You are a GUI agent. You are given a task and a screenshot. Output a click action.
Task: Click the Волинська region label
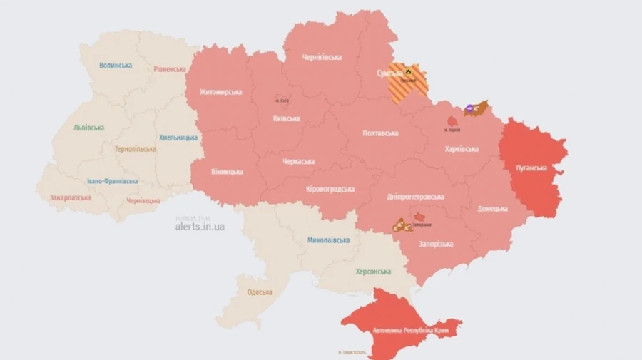pos(116,66)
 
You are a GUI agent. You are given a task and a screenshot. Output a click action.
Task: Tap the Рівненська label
pos(170,69)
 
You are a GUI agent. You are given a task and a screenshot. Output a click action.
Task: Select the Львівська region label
pos(88,128)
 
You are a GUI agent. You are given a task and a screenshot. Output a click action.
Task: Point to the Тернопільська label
pos(136,150)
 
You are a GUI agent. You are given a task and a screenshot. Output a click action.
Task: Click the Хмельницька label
pos(178,137)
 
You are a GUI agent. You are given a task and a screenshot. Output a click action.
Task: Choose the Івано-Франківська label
pos(113,181)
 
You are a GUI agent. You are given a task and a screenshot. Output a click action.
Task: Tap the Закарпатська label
pos(71,197)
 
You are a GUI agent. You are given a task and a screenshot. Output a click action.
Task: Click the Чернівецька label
pos(143,200)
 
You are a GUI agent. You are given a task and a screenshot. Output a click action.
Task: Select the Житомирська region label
pos(221,92)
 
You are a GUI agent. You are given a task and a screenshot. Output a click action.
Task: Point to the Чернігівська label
pos(322,57)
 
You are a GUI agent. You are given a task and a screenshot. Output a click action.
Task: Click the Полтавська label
pos(380,133)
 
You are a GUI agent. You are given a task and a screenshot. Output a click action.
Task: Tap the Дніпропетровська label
pos(416,197)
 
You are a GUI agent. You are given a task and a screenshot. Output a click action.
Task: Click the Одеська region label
pos(260,292)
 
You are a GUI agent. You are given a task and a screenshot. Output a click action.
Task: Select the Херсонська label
pos(373,272)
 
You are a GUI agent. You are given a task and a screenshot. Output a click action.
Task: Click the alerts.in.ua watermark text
pos(200,227)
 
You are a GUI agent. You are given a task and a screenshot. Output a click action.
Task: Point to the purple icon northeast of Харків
pos(469,109)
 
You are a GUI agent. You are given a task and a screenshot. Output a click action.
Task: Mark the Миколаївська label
pos(329,240)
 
